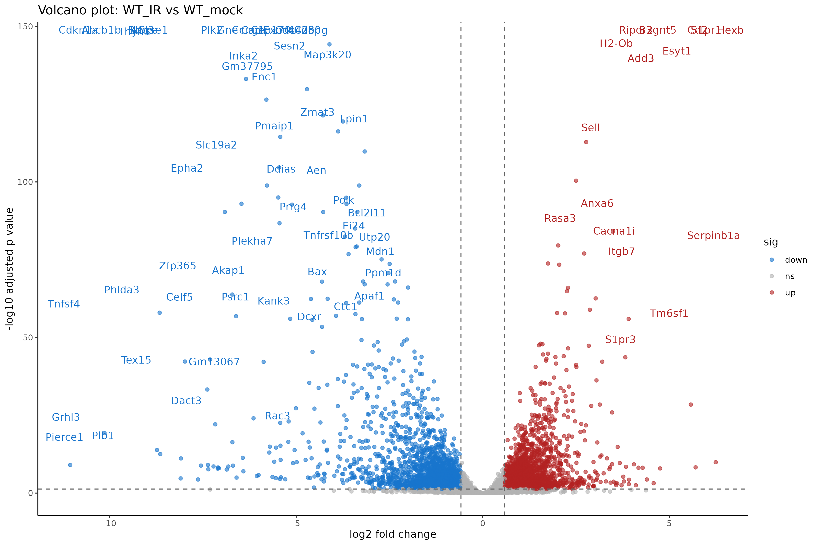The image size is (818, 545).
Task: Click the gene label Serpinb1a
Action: coord(713,236)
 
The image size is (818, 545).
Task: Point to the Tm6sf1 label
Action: coord(668,314)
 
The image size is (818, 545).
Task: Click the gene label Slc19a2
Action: coord(216,145)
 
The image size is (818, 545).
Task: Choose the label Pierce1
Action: coord(64,437)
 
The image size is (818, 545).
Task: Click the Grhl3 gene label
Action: coord(66,417)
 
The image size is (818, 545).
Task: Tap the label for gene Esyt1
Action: coord(676,51)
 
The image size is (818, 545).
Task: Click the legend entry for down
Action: coord(796,260)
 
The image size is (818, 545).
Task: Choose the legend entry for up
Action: coord(790,293)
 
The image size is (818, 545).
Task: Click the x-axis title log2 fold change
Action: coord(392,534)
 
